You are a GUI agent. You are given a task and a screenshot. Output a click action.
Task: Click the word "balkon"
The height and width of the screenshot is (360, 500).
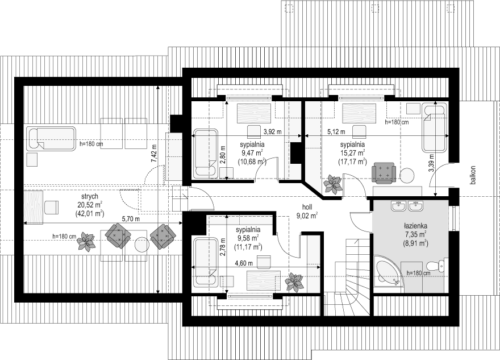pos(473,175)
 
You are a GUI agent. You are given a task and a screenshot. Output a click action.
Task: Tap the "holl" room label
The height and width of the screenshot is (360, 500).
pos(308,207)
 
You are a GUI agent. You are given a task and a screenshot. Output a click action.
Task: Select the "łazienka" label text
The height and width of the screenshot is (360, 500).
pos(415,226)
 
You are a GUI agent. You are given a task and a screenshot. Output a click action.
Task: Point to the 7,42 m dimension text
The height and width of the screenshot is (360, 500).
pos(155,154)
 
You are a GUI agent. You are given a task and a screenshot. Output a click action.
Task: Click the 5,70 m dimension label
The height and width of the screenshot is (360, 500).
pos(131,219)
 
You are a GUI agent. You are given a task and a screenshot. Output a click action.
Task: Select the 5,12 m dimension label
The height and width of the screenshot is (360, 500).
pos(336,131)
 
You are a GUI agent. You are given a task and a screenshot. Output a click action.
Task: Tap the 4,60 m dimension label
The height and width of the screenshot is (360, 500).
pos(244,263)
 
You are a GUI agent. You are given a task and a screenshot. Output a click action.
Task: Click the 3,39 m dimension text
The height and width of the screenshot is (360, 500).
pos(431,163)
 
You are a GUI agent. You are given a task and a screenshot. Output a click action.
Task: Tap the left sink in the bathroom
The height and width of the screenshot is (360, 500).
pos(399,206)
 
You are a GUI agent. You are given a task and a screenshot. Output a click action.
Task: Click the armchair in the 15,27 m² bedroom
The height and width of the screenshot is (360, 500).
pos(384,173)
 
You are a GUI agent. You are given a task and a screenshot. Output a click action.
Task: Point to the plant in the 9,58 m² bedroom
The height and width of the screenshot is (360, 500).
pos(294,282)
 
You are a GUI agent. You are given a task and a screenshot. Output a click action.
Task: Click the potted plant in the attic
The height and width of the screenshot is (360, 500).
pos(86,241)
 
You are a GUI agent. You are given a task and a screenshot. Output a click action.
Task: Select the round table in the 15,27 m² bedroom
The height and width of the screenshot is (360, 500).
pos(407,175)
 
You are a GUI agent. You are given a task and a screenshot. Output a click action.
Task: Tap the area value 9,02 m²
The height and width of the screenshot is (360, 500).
pos(307,216)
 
